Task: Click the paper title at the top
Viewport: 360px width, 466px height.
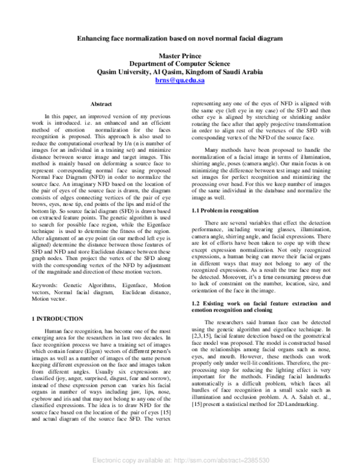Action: coord(179,38)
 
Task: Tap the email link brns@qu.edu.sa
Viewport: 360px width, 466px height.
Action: coord(180,79)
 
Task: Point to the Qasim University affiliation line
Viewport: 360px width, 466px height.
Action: coord(180,71)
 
